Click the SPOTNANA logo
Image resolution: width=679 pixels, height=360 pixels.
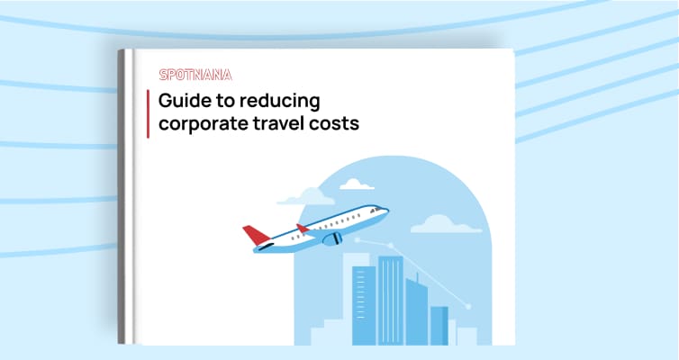(x=195, y=75)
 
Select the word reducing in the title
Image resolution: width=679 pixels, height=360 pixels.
(x=280, y=101)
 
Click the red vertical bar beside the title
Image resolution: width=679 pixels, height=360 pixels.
(x=148, y=113)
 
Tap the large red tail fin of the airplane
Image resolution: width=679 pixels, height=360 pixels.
(x=256, y=235)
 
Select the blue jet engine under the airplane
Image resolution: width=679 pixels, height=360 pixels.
(x=332, y=238)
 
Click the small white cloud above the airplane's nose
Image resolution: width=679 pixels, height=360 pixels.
(x=357, y=184)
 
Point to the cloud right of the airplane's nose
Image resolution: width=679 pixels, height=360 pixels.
(x=446, y=224)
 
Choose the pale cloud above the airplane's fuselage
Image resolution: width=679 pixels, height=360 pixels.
(x=306, y=196)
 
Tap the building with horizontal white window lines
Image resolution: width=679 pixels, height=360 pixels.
(x=364, y=305)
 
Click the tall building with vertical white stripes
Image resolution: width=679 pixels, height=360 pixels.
(x=390, y=301)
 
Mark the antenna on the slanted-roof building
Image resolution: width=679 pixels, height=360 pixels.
(x=417, y=277)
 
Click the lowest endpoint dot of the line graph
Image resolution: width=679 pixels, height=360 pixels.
(x=467, y=306)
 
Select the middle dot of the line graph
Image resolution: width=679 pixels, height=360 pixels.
(x=390, y=246)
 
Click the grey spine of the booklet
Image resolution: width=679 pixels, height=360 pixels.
(x=121, y=197)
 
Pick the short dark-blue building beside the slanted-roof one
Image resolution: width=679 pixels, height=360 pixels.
(x=439, y=326)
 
